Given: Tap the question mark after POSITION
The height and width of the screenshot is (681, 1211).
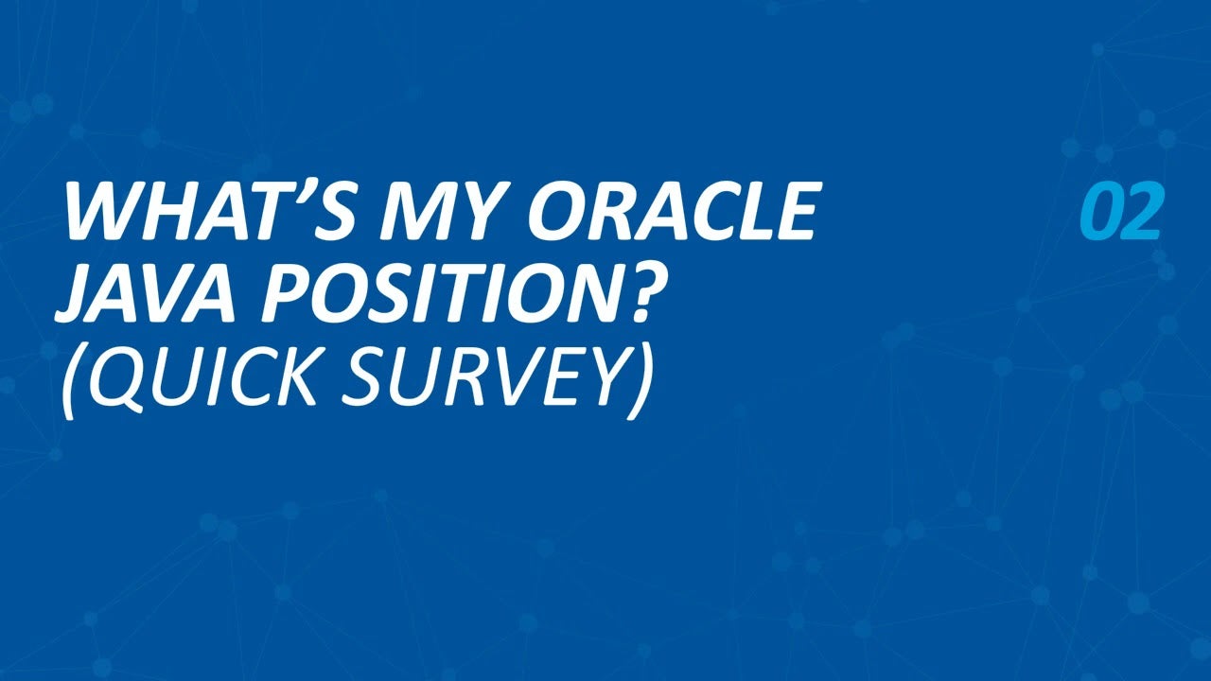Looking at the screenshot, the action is point(637,292).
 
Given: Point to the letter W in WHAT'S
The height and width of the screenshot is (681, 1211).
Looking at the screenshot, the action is point(104,211).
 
